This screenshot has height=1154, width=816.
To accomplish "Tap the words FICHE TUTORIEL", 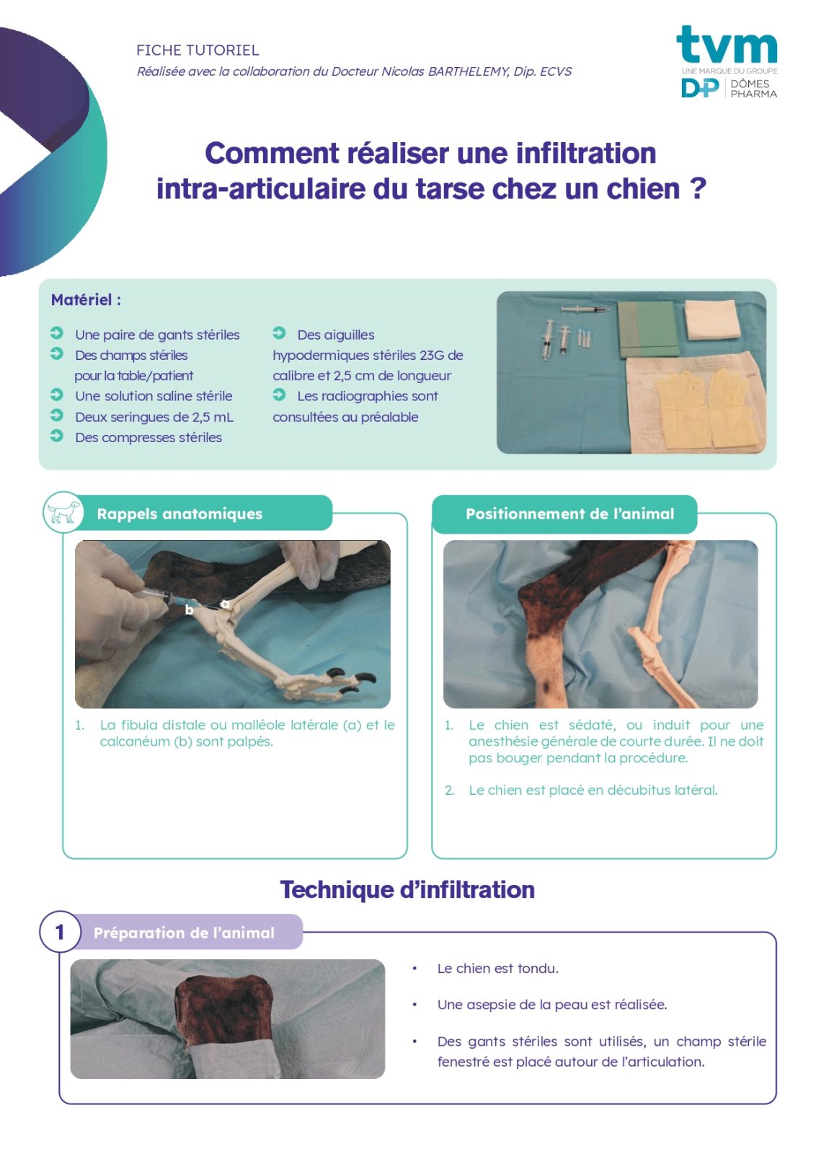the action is tap(198, 50).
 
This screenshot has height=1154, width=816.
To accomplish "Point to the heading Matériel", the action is tap(86, 300).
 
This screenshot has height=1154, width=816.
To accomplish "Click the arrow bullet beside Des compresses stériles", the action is tap(57, 436).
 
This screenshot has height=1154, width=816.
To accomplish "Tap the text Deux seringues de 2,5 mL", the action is tap(154, 417).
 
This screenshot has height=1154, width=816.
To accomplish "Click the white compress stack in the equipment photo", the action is tap(712, 320).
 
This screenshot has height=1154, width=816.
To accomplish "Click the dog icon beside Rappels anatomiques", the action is tap(63, 512).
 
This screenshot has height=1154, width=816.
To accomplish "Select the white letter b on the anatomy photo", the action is tap(190, 610).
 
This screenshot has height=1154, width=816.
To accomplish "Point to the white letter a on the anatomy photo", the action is tap(225, 603).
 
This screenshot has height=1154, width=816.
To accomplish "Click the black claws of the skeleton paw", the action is tap(350, 679).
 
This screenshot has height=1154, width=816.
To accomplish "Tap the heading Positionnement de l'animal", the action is tap(569, 514).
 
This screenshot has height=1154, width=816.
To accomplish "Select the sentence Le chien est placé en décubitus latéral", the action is tap(593, 790).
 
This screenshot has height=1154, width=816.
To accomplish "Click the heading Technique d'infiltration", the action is tap(407, 890).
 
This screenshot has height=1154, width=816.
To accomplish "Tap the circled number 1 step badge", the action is tap(61, 931).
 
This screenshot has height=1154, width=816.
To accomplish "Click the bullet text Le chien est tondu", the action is tap(498, 969).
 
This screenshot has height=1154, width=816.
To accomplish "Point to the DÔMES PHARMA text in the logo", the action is tap(754, 89).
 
